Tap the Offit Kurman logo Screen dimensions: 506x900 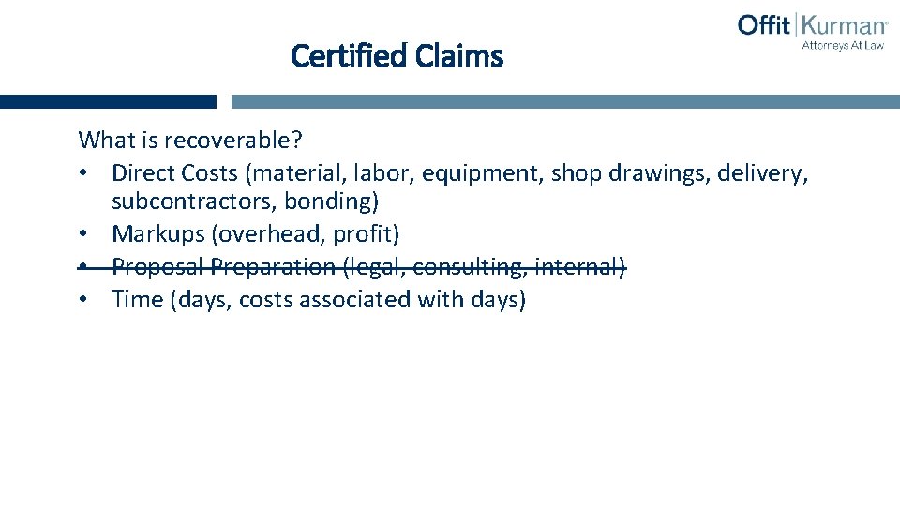coord(811,25)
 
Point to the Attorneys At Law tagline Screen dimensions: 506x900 coord(843,45)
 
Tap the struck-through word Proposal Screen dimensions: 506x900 coord(157,267)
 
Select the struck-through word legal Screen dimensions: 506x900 coord(373,267)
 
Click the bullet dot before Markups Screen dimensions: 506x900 coord(84,234)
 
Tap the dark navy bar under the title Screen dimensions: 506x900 coord(108,101)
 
